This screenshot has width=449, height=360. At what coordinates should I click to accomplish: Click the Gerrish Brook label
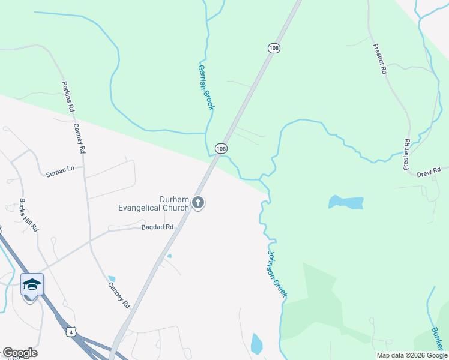pyautogui.click(x=206, y=88)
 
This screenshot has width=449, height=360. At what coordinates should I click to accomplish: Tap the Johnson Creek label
pyautogui.click(x=277, y=273)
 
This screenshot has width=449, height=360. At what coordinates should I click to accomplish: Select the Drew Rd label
pyautogui.click(x=429, y=173)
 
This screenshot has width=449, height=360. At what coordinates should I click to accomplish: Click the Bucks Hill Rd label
pyautogui.click(x=29, y=215)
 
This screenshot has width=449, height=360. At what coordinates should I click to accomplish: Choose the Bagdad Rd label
pyautogui.click(x=157, y=227)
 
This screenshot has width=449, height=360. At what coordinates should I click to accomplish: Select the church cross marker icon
pyautogui.click(x=199, y=203)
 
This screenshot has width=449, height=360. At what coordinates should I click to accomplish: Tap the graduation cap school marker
pyautogui.click(x=32, y=284)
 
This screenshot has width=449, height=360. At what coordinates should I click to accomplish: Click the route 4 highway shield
pyautogui.click(x=71, y=332)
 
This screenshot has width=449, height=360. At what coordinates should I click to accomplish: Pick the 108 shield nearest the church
pyautogui.click(x=221, y=148)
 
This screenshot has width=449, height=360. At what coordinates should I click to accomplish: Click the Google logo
pyautogui.click(x=20, y=353)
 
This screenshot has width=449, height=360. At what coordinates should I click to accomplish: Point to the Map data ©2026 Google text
pyautogui.click(x=411, y=355)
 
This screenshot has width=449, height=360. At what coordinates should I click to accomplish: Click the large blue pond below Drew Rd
pyautogui.click(x=346, y=202)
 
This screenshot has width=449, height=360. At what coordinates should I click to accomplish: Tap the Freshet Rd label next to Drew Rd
pyautogui.click(x=406, y=155)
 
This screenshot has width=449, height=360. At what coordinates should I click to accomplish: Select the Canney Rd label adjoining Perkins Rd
pyautogui.click(x=80, y=137)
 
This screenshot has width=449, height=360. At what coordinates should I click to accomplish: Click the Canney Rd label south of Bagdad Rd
pyautogui.click(x=119, y=295)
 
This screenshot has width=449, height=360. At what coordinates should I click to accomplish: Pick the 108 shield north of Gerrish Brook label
pyautogui.click(x=274, y=48)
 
